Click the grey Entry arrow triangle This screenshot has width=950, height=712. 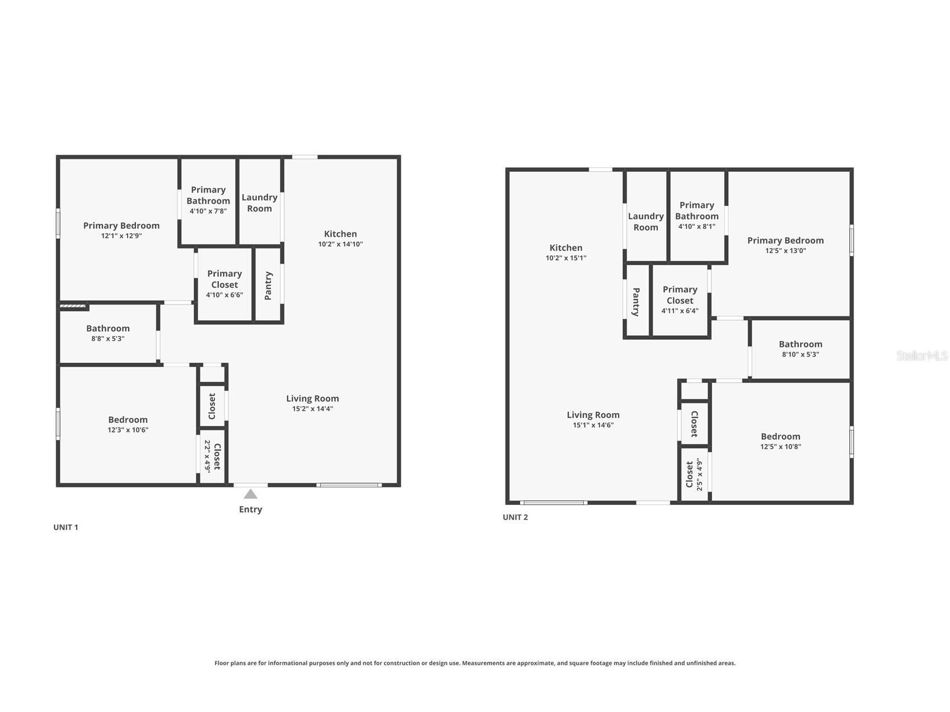click(250, 494)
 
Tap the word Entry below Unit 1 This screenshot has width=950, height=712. click(250, 509)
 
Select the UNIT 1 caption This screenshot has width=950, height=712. click(65, 527)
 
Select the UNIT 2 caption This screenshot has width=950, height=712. click(515, 517)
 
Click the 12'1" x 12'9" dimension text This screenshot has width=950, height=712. click(121, 236)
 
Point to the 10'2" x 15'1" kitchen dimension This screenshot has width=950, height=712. click(566, 258)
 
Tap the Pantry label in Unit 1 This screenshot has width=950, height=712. click(268, 285)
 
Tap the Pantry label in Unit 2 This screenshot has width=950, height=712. click(637, 302)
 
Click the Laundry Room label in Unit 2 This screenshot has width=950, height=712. click(645, 222)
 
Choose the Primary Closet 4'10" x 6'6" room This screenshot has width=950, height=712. click(224, 284)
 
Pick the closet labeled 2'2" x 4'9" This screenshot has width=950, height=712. click(213, 457)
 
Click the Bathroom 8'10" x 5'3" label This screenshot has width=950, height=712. click(800, 349)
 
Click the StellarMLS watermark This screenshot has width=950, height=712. click(921, 355)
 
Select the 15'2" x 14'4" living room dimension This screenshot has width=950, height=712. click(312, 409)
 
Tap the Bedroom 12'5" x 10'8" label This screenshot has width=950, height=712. click(780, 441)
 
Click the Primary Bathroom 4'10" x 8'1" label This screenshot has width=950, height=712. click(696, 216)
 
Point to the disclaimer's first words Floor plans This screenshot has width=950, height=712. click(230, 663)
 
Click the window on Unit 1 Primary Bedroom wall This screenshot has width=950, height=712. click(58, 223)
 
